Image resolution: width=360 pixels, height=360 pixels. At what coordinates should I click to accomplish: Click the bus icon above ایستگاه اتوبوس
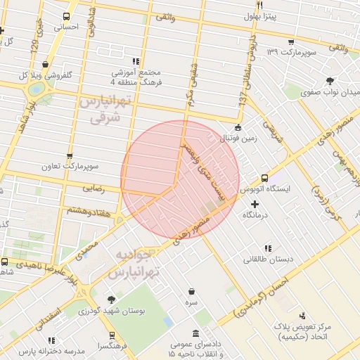click(264, 179)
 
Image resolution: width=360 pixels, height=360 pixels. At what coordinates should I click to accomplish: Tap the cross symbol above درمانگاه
click(255, 203)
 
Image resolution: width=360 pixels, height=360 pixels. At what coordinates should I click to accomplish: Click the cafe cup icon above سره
click(192, 291)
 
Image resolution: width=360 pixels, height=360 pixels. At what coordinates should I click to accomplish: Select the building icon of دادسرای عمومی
click(197, 333)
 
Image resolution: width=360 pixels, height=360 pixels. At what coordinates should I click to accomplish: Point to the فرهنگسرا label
click(112, 346)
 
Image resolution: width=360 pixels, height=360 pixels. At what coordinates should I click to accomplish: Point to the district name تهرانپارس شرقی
click(105, 110)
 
